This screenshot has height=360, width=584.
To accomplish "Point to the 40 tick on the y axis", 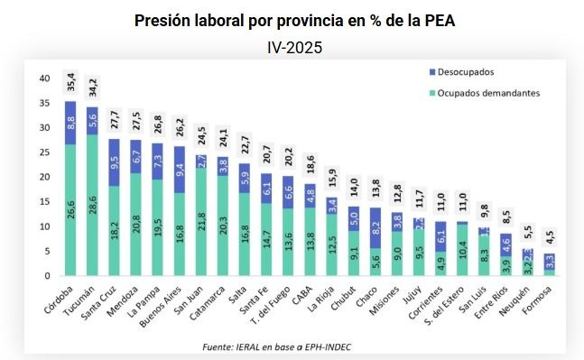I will click(44, 78).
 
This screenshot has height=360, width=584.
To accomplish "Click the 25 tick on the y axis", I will click(44, 152).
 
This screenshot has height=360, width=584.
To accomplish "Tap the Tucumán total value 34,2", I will click(93, 88).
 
